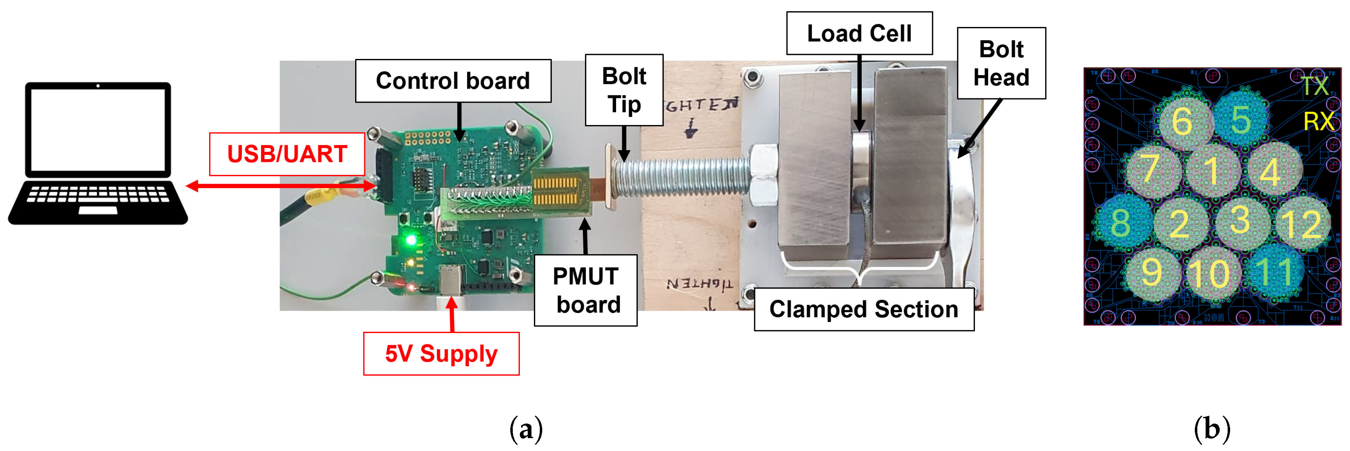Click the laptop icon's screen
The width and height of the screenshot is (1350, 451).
pyautogui.click(x=98, y=130)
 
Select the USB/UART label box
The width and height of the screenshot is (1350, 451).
pyautogui.click(x=287, y=154)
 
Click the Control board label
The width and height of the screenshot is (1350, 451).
pyautogui.click(x=453, y=81)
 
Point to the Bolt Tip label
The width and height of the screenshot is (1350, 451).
pyautogui.click(x=624, y=90)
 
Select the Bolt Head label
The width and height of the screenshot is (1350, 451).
pyautogui.click(x=1001, y=64)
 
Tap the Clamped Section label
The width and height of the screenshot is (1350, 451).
pyautogui.click(x=864, y=309)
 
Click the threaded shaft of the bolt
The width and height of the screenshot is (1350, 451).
pyautogui.click(x=681, y=178)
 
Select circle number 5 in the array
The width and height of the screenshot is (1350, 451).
pyautogui.click(x=1240, y=120)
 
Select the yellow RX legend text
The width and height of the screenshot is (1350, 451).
pyautogui.click(x=1318, y=122)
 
